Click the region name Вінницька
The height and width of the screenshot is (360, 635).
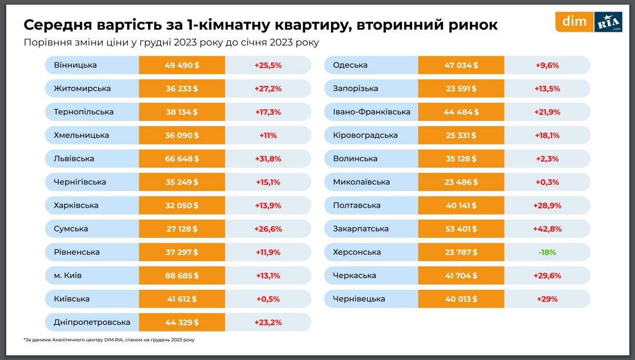click(x=75, y=65)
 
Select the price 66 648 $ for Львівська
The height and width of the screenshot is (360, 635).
click(x=181, y=158)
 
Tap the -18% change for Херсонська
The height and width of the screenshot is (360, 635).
click(x=547, y=252)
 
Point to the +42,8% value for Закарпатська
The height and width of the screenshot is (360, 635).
click(x=547, y=229)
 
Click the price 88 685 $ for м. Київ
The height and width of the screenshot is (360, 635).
click(x=181, y=275)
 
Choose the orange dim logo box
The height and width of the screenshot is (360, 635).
click(x=574, y=22)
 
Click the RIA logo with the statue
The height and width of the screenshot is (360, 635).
click(x=608, y=22)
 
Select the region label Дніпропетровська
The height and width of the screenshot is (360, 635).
click(x=92, y=322)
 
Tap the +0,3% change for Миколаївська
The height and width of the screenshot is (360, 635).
click(x=547, y=182)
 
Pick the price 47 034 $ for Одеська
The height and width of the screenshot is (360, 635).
click(x=461, y=65)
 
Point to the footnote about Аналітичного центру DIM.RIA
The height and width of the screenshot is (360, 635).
click(x=109, y=340)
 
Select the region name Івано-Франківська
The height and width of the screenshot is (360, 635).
click(x=371, y=112)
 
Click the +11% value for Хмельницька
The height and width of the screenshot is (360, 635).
click(x=268, y=135)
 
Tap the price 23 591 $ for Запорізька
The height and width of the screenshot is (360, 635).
click(x=461, y=88)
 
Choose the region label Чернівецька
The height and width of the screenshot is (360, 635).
click(x=359, y=299)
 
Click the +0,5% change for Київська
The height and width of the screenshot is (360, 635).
click(x=268, y=299)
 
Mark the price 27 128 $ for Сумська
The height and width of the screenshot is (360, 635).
click(x=181, y=229)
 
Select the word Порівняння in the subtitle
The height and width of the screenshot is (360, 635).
click(x=51, y=43)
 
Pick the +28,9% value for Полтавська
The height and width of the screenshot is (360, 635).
click(x=547, y=205)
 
